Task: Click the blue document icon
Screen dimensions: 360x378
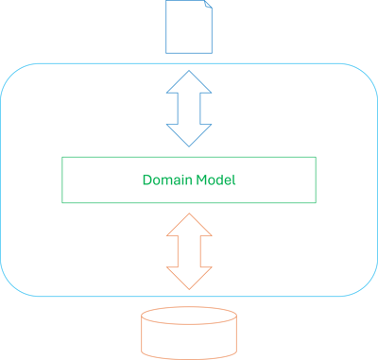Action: coord(189,26)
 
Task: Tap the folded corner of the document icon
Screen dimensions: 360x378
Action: coord(206,8)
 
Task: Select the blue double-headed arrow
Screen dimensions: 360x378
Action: coord(189,109)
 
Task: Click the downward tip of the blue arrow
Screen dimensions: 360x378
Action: coord(189,144)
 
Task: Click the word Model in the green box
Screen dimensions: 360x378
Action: coord(215,180)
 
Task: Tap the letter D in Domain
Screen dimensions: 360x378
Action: coord(146,180)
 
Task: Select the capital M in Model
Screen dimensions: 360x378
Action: coord(200,180)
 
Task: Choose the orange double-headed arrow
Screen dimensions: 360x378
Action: coord(189,251)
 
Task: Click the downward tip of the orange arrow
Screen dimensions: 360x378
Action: coord(189,287)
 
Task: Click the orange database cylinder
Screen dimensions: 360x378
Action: coord(189,333)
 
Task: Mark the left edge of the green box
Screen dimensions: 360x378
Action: coord(62,180)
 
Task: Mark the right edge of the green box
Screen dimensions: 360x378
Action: coord(316,180)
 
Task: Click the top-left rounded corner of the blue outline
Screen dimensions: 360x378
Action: coord(11,76)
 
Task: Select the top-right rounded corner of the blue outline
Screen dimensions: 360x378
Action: coord(367,76)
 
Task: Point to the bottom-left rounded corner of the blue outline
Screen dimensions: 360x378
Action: coord(11,284)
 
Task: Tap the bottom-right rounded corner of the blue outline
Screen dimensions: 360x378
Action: coord(367,284)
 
